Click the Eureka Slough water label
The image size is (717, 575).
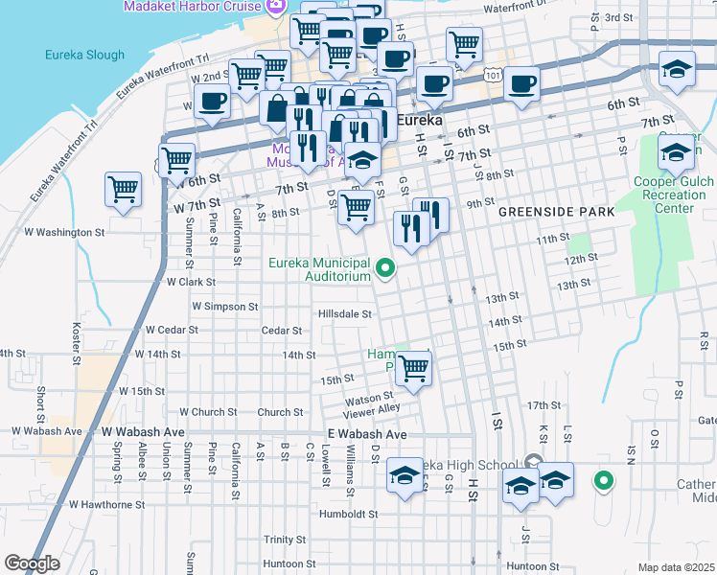click(x=84, y=55)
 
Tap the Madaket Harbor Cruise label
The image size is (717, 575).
click(x=192, y=7)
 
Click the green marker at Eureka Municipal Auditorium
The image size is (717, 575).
click(x=386, y=268)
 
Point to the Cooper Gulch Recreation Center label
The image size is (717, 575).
click(x=676, y=195)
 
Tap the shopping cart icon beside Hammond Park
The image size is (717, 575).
click(x=413, y=367)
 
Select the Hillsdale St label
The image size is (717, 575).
click(x=345, y=313)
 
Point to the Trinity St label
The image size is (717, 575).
click(x=285, y=540)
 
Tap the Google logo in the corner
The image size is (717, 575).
click(x=33, y=563)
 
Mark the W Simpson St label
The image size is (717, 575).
click(x=225, y=307)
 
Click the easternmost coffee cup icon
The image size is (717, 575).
click(x=522, y=85)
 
